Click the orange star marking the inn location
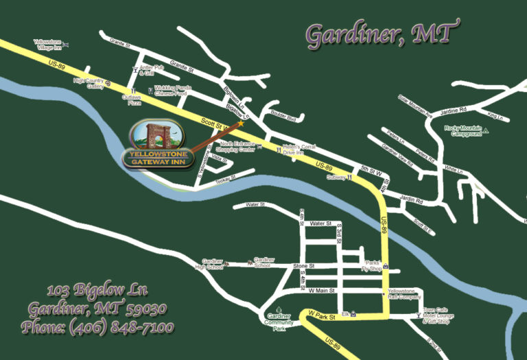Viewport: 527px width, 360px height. [241, 124]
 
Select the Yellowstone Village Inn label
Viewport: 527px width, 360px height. [47, 45]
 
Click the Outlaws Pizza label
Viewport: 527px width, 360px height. [132, 100]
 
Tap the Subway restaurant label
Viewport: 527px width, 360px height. [336, 177]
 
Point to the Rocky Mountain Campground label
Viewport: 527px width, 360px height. [462, 131]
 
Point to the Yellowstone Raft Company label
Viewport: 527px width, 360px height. [405, 294]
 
